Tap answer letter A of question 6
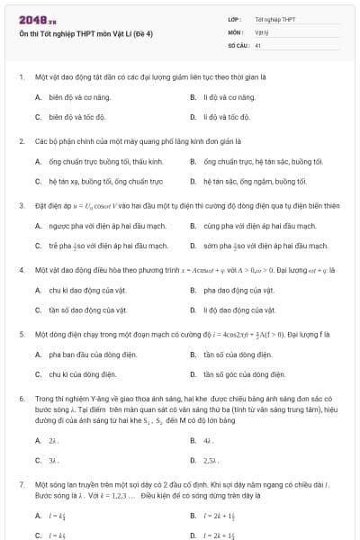(x=38, y=440)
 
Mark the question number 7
(x=21, y=483)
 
